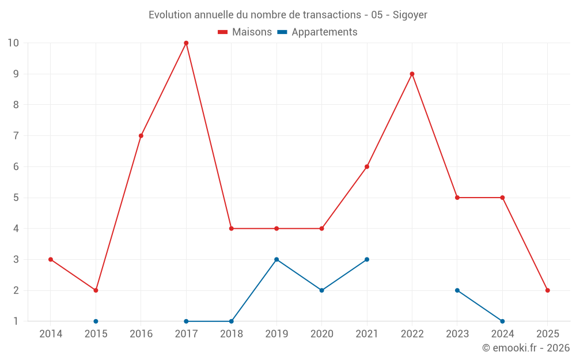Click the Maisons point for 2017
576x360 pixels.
(186, 43)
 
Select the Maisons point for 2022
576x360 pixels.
(412, 74)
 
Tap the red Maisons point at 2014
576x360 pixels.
(51, 259)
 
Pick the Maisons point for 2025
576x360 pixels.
(547, 290)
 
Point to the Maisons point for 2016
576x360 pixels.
(141, 136)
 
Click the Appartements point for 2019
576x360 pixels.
(276, 259)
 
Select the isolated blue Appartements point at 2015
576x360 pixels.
(96, 321)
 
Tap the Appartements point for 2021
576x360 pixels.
(367, 259)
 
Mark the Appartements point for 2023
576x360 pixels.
(457, 290)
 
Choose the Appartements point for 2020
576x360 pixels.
(321, 290)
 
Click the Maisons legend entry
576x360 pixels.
(245, 32)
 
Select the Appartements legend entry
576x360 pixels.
(317, 32)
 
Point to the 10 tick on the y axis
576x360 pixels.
(13, 43)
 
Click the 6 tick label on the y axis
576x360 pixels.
(16, 166)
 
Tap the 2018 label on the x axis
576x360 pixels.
(232, 334)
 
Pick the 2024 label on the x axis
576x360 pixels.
(502, 334)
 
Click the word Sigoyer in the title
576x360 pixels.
(410, 15)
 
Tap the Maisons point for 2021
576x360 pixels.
(367, 166)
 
